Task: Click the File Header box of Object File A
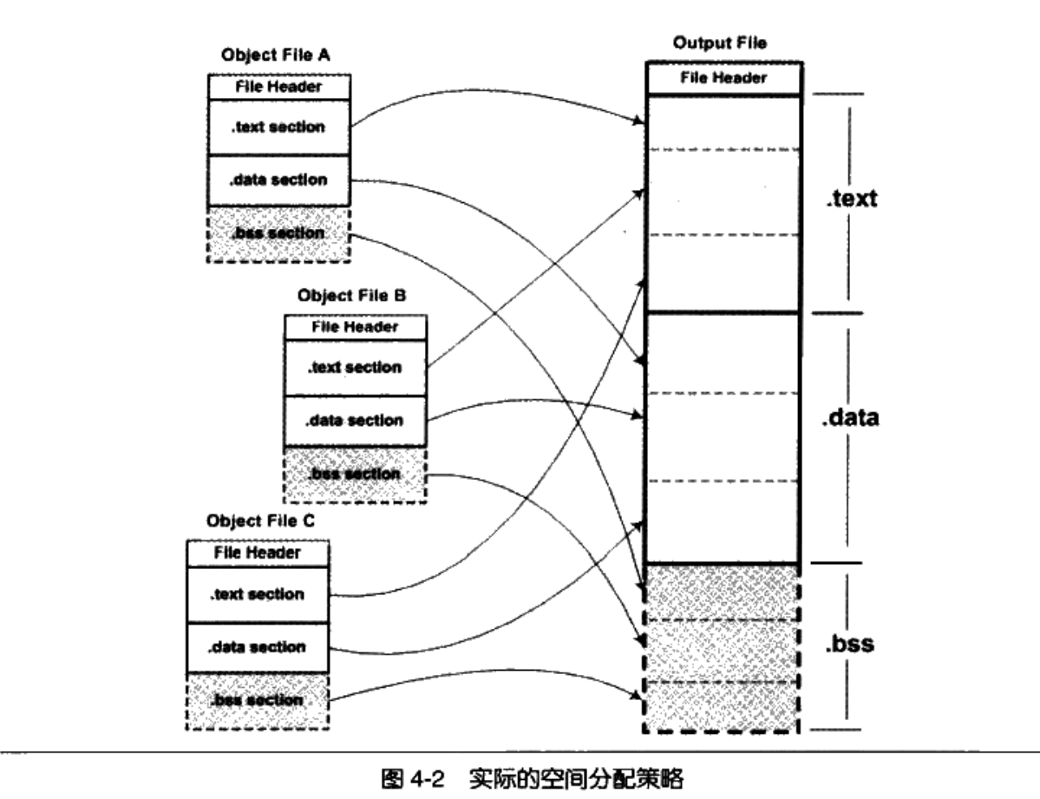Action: [279, 88]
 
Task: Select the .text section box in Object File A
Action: [279, 127]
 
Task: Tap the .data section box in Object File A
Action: [279, 180]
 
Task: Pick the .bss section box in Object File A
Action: [279, 233]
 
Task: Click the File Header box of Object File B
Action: [356, 327]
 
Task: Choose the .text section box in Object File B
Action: [356, 367]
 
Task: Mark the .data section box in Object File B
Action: [356, 421]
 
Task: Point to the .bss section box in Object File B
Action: [356, 474]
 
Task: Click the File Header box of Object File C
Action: [258, 553]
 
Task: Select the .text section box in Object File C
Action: [258, 594]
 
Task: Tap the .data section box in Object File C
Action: [258, 647]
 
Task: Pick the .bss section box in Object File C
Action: [258, 699]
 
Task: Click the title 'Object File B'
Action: [352, 295]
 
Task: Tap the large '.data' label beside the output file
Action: [849, 418]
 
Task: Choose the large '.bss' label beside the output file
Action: [848, 645]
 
